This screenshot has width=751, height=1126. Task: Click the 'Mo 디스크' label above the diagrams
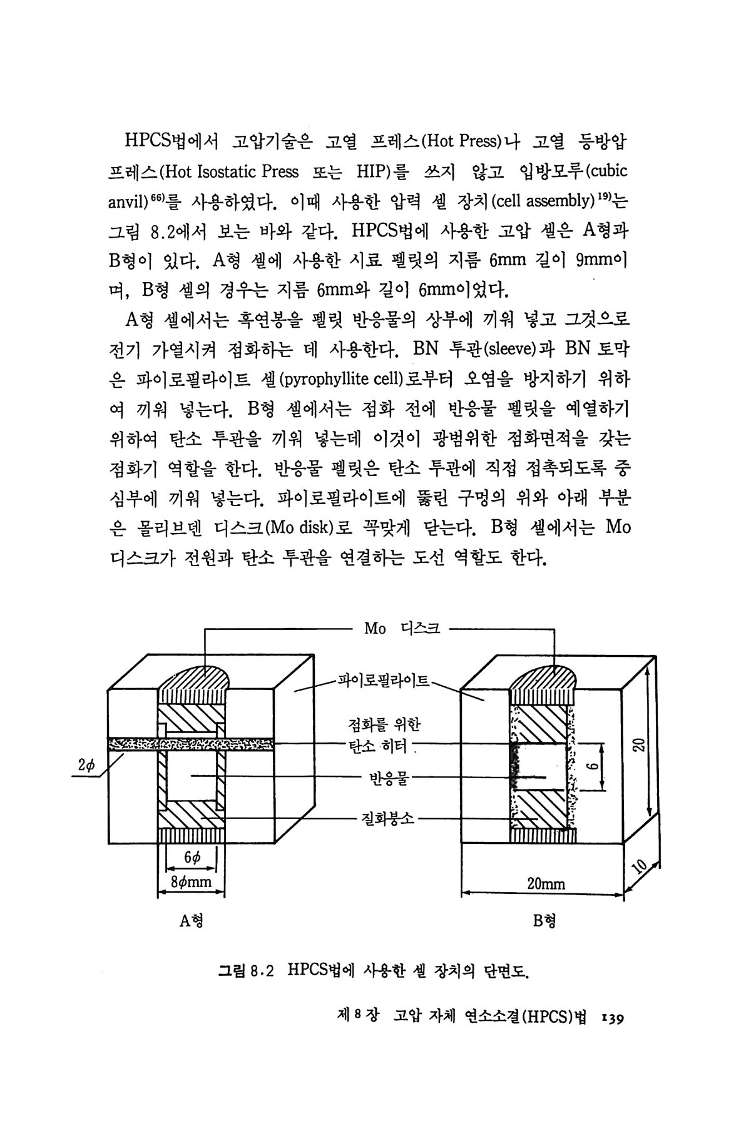(402, 629)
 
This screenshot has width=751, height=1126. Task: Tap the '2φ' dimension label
(85, 766)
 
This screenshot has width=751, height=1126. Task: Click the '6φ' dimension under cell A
(192, 858)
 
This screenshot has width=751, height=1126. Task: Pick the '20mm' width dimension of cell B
(546, 883)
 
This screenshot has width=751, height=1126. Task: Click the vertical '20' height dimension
(638, 744)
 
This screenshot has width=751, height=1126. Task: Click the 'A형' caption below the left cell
(191, 921)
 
